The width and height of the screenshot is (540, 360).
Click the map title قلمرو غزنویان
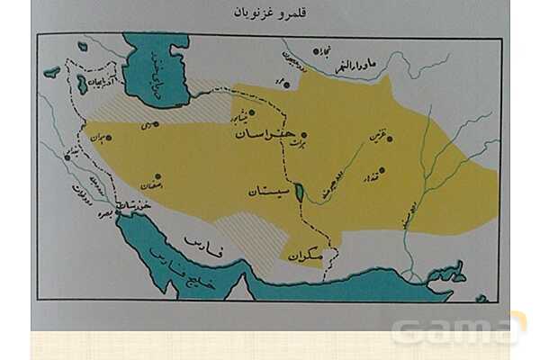pyautogui.click(x=270, y=15)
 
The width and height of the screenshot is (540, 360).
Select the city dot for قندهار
pyautogui.click(x=381, y=169)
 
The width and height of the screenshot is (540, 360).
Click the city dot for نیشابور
pyautogui.click(x=253, y=112)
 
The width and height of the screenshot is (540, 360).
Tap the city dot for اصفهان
pyautogui.click(x=157, y=176)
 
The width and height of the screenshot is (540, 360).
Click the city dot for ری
pyautogui.click(x=156, y=123)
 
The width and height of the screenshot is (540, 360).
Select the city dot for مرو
pyautogui.click(x=281, y=84)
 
